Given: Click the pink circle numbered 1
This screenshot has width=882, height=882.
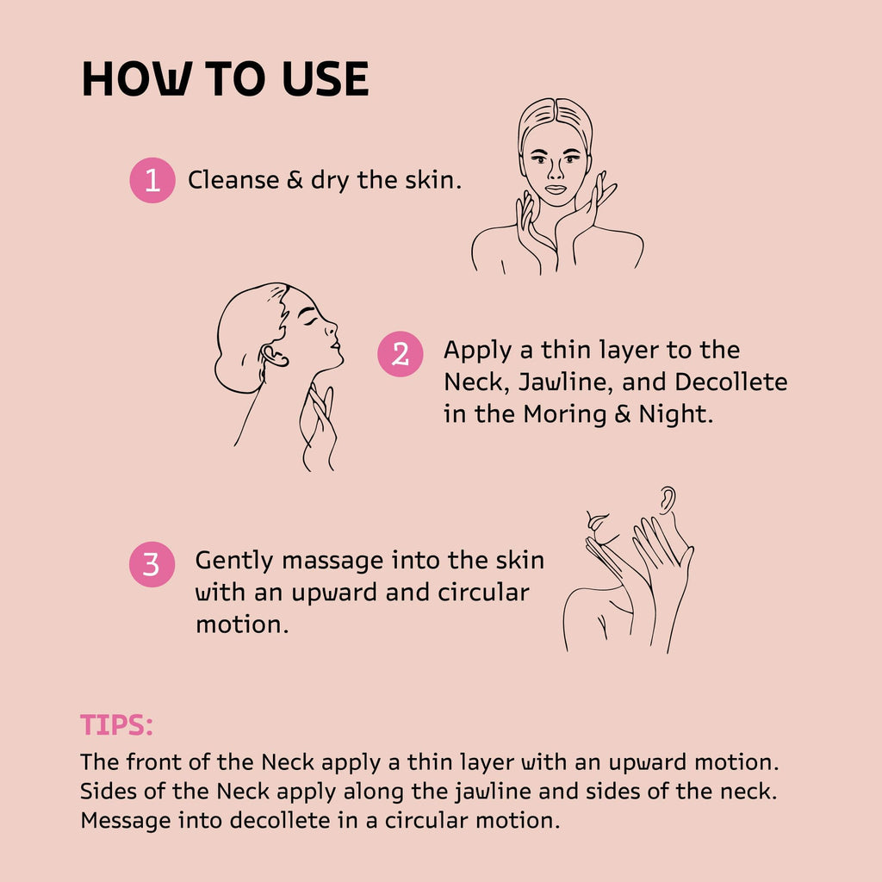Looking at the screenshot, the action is [152, 180].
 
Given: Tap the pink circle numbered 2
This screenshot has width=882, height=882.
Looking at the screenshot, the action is [400, 354].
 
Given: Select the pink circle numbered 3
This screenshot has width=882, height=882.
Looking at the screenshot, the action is [152, 564].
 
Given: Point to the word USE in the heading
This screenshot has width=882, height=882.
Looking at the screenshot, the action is [326, 78].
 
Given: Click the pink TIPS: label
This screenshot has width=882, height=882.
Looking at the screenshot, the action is [116, 725].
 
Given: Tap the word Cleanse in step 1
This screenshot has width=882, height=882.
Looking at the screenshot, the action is [233, 180].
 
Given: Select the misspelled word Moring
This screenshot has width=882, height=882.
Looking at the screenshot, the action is [565, 415].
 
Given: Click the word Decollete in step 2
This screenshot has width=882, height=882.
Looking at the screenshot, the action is [730, 382].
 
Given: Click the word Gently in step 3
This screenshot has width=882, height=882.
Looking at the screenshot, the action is [234, 562].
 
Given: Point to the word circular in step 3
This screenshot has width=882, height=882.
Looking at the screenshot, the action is [483, 593].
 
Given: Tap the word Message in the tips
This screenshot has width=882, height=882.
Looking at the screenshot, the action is [126, 821].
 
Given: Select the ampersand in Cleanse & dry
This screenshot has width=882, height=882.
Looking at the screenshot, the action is [295, 180].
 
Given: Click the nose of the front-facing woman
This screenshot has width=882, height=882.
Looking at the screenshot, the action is [555, 169].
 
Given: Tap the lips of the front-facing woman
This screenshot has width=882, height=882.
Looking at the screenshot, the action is [556, 189].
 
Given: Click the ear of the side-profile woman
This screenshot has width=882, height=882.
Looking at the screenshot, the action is [274, 357].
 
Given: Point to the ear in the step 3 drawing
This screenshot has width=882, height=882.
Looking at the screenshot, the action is [668, 500].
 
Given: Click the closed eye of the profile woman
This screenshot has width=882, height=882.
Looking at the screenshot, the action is [310, 321].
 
